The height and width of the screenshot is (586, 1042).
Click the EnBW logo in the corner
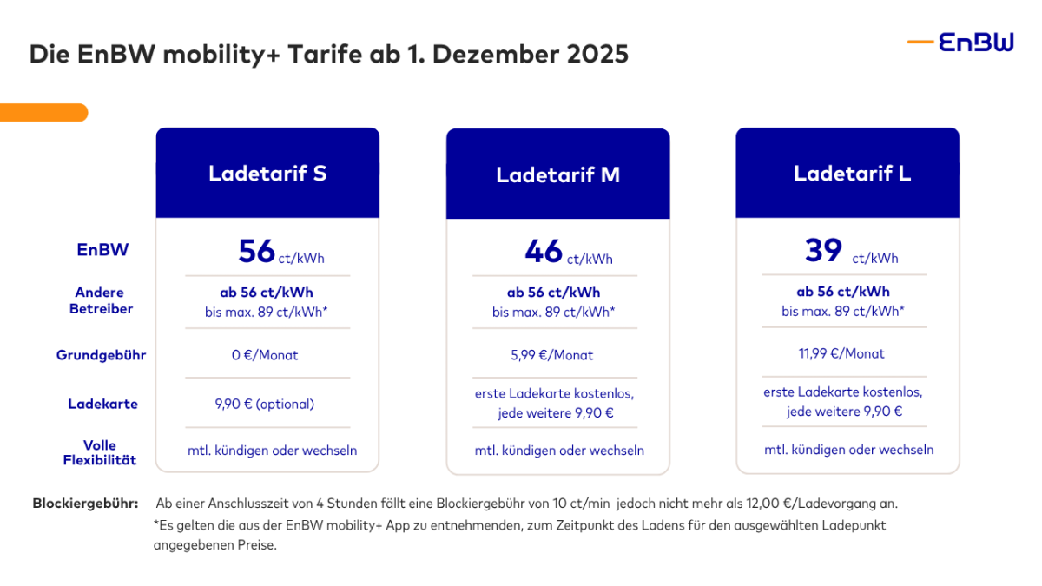[x=961, y=43]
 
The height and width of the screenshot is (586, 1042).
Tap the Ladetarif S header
[x=267, y=173]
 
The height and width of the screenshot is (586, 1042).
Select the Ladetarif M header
[x=557, y=174]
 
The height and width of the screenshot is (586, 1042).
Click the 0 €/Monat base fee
[x=267, y=355]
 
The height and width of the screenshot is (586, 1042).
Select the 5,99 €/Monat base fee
[x=557, y=355]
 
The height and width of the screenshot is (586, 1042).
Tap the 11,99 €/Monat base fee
[x=847, y=353]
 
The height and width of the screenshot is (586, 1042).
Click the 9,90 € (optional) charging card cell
[x=267, y=404]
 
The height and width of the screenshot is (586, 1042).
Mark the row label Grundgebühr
[x=101, y=355]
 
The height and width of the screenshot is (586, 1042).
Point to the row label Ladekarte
[x=102, y=404]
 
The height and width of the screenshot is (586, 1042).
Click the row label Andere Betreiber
[x=101, y=300]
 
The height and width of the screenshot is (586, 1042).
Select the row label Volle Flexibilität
[x=100, y=452]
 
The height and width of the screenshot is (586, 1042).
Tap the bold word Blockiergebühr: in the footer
[x=85, y=504]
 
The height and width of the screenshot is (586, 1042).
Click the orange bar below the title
[x=43, y=112]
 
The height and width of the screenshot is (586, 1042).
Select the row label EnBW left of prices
[x=102, y=250]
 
